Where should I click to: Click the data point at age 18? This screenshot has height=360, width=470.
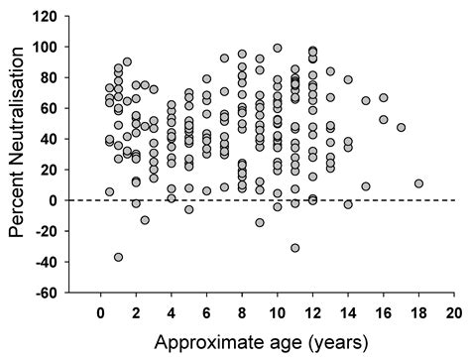418,183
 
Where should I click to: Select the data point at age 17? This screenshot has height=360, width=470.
401,127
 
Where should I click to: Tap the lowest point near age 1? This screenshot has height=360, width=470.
119,257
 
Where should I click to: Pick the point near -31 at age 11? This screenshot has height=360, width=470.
295,248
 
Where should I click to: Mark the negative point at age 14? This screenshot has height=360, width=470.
348,204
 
